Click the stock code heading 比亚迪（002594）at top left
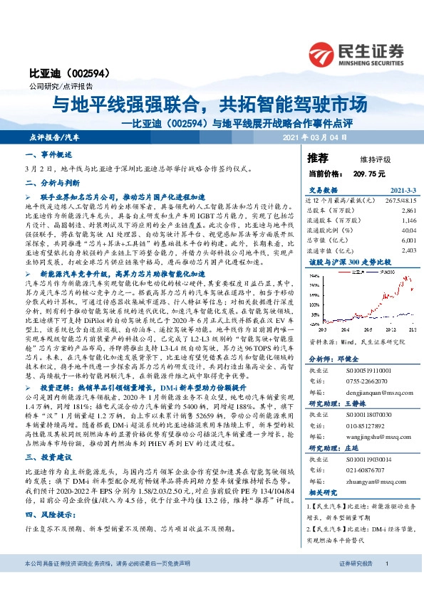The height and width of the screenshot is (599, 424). click(58, 74)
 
